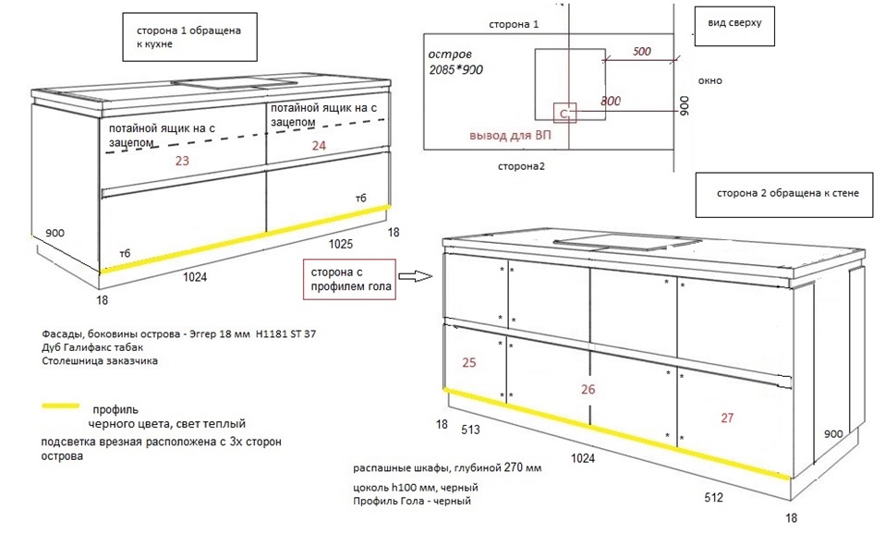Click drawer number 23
pos(182,161)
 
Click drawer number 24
pos(319,145)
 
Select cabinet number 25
pos(468,363)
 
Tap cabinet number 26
pos(588,389)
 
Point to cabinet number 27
pos(727,418)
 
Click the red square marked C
pos(564,114)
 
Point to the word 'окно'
pos(710,80)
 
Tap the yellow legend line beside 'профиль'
pos(63,406)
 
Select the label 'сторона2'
pos(522,166)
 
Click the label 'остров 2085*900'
pos(456,61)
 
